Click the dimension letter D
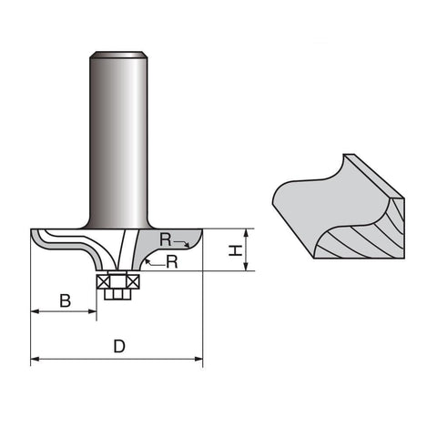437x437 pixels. pos(119,346)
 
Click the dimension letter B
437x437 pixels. pos(66,300)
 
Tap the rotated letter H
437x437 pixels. pos(236,250)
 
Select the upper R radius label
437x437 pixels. pos(166,240)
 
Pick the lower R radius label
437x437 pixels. pos(172,262)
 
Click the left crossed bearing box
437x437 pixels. pos(103,282)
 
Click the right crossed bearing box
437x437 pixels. pos(133,282)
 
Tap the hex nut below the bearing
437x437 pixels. pos(117,294)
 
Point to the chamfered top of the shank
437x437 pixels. pos(118,55)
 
